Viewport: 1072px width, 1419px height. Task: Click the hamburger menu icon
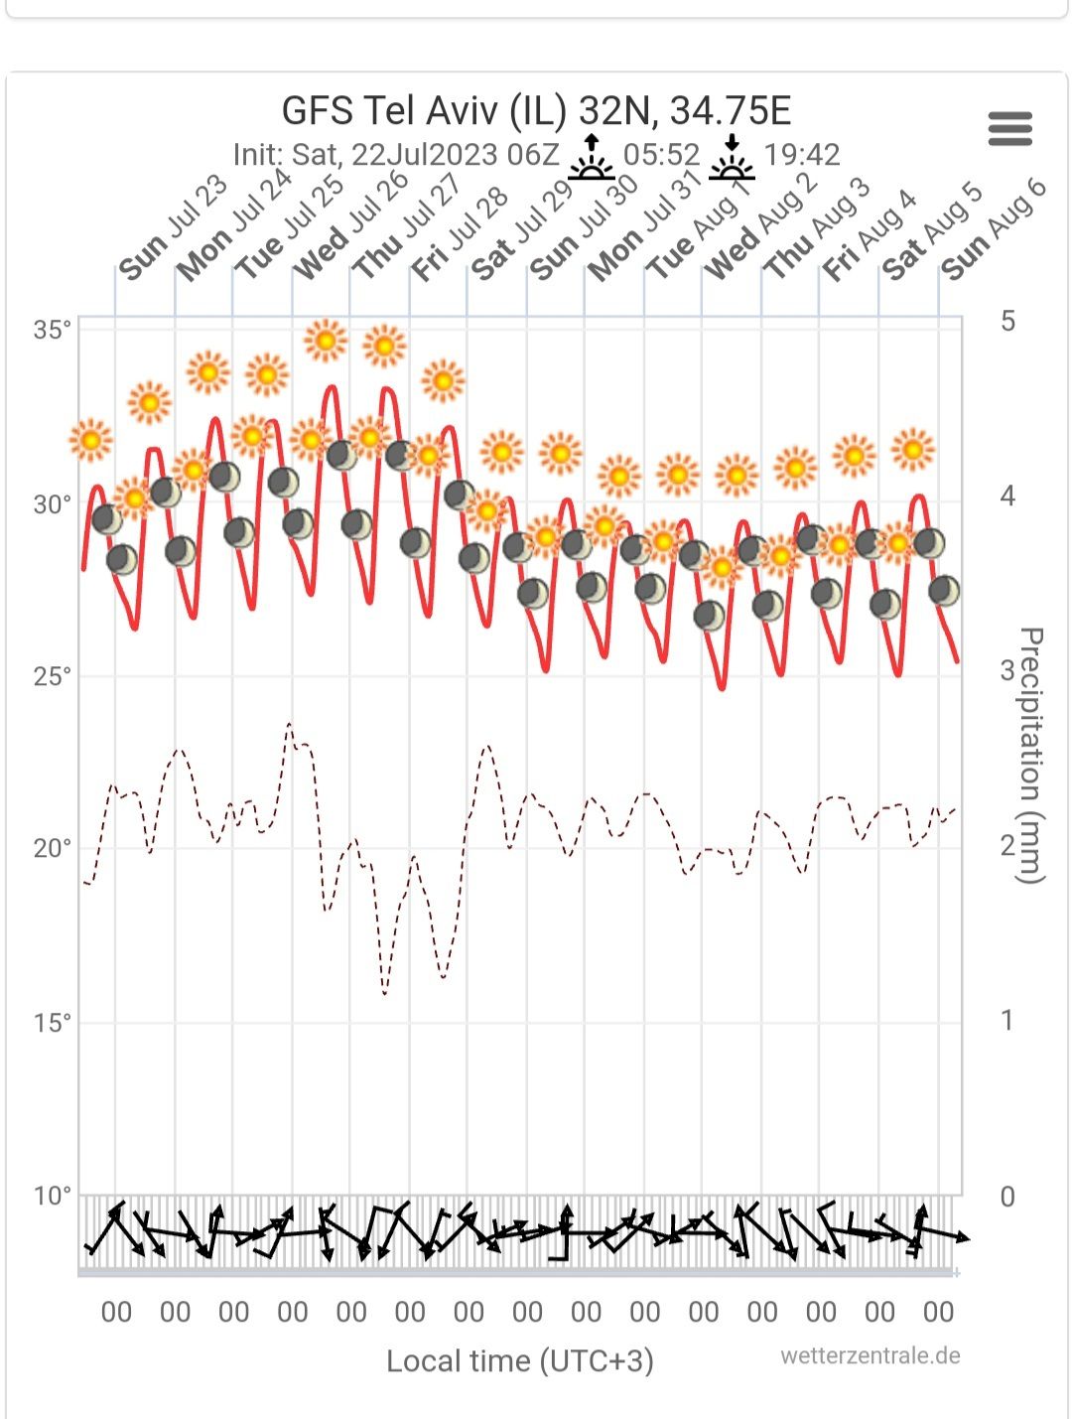point(1010,129)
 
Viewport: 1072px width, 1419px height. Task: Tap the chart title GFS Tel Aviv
point(536,110)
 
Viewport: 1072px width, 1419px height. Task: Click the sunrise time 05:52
point(662,155)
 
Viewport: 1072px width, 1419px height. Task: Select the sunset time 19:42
point(802,155)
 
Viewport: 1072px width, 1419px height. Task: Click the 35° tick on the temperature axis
point(53,331)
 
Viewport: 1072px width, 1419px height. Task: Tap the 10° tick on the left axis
point(53,1196)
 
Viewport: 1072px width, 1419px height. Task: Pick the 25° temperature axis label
point(53,677)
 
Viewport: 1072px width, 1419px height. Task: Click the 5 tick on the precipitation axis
point(1007,321)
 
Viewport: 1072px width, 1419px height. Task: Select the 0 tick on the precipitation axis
point(1007,1197)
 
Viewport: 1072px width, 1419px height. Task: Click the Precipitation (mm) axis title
point(1032,755)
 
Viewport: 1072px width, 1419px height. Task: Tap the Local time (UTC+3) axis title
point(520,1360)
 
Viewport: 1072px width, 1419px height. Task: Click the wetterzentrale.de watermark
point(870,1356)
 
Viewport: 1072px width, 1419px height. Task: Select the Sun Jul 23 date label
point(173,229)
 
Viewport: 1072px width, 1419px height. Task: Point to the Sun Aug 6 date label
point(994,229)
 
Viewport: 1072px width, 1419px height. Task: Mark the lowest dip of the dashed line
point(385,992)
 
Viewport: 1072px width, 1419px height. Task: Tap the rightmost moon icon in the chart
point(944,591)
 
